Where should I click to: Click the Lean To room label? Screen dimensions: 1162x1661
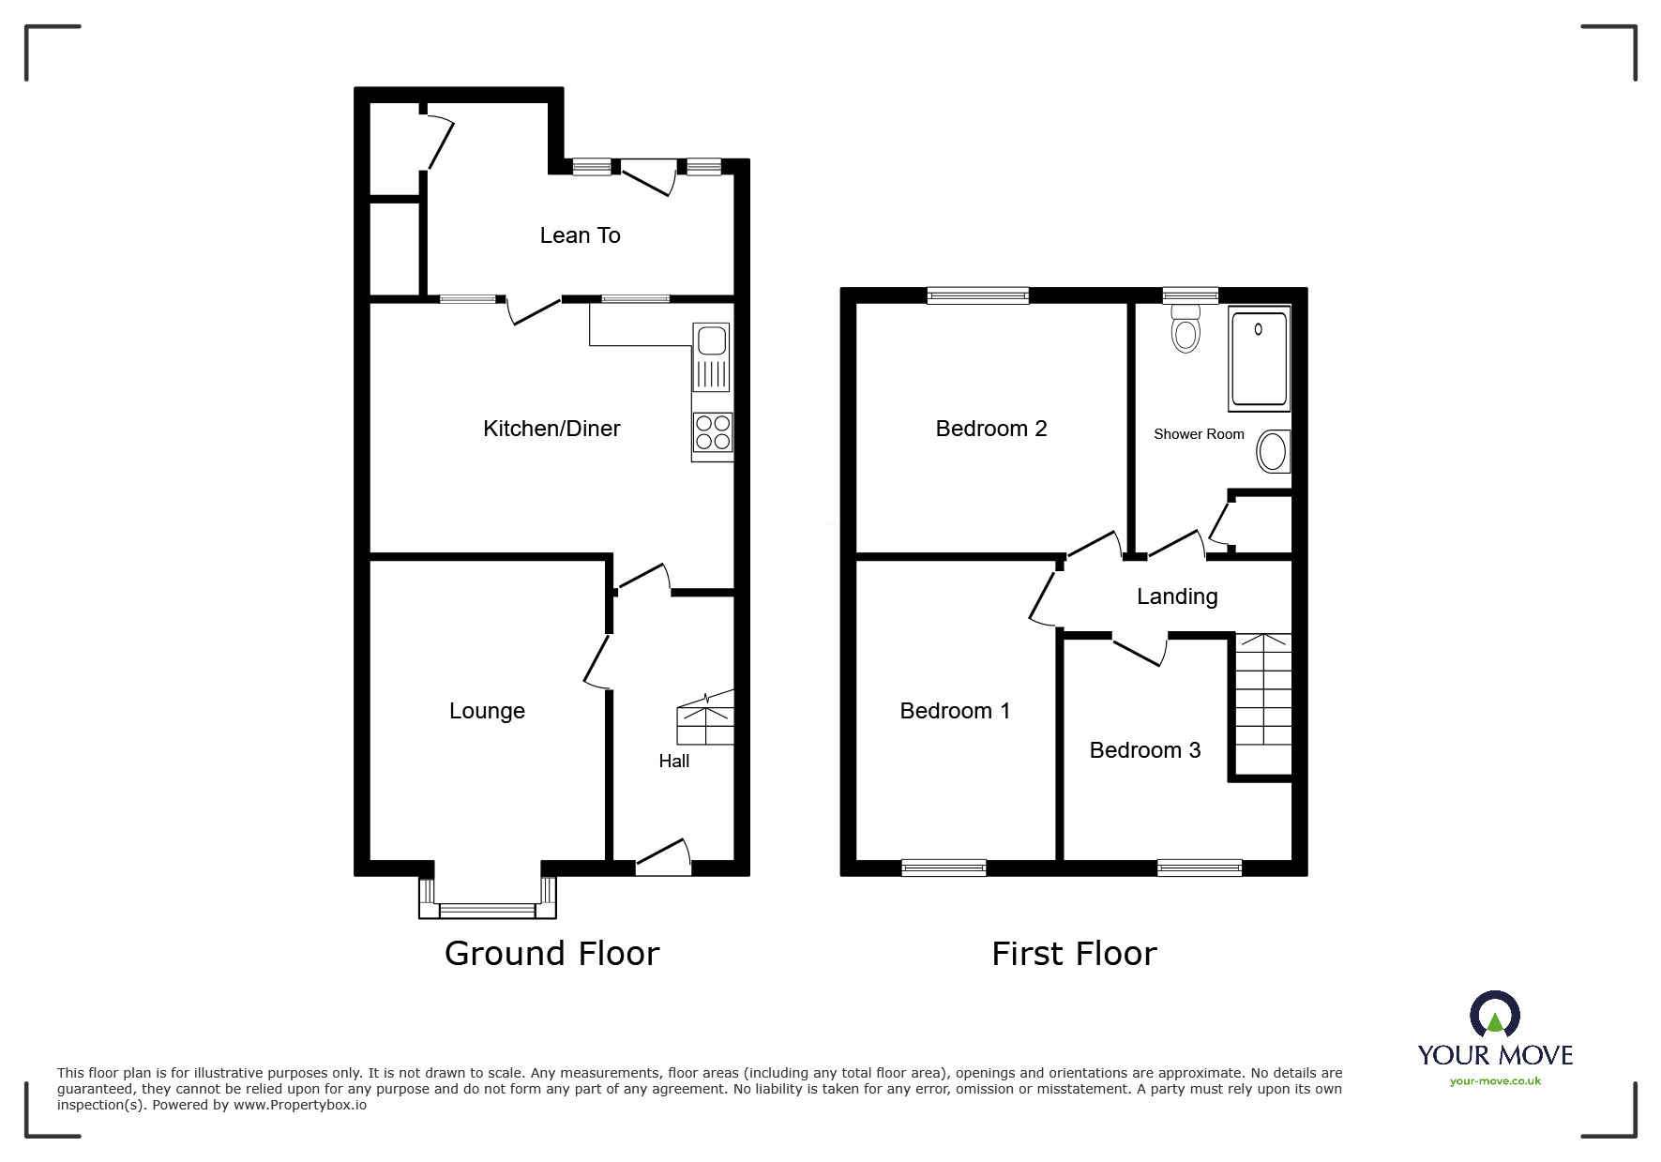pyautogui.click(x=580, y=235)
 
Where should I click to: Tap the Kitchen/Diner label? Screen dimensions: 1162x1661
pyautogui.click(x=551, y=429)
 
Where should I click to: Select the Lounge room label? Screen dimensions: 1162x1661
pyautogui.click(x=487, y=711)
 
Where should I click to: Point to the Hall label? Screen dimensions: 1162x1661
pyautogui.click(x=673, y=761)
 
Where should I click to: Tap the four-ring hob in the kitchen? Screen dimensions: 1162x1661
pyautogui.click(x=712, y=434)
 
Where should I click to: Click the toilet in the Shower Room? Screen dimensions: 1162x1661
pyautogui.click(x=1185, y=328)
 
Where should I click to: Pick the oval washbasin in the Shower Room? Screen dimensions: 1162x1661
pyautogui.click(x=1273, y=452)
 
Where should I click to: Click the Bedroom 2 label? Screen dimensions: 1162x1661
pyautogui.click(x=990, y=429)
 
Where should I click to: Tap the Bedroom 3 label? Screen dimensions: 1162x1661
pyautogui.click(x=1144, y=750)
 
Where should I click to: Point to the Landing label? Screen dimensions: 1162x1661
pyautogui.click(x=1176, y=596)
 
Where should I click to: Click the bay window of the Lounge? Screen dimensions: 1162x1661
pyautogui.click(x=487, y=908)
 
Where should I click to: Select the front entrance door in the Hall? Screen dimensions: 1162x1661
pyautogui.click(x=664, y=861)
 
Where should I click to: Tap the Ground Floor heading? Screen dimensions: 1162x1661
pyautogui.click(x=551, y=953)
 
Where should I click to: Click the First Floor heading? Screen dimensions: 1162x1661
pyautogui.click(x=1074, y=954)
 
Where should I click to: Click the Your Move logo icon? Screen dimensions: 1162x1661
pyautogui.click(x=1494, y=1016)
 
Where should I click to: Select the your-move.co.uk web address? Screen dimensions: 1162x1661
pyautogui.click(x=1495, y=1081)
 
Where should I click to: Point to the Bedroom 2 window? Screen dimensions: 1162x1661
pyautogui.click(x=977, y=296)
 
